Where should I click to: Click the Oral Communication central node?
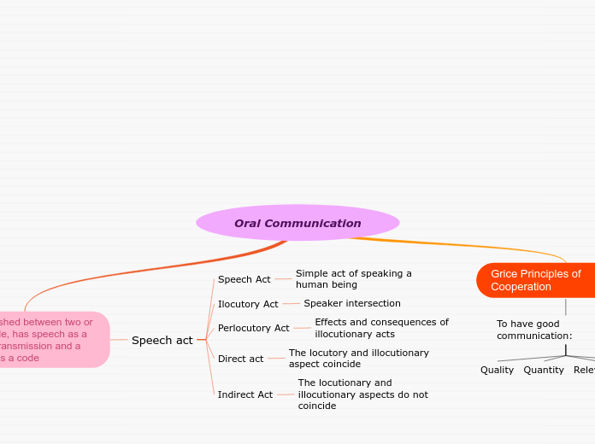(x=297, y=223)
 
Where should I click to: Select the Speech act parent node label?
(x=162, y=340)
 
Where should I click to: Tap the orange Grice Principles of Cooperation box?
(x=536, y=280)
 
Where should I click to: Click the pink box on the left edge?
(x=51, y=340)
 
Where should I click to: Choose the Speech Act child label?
(x=244, y=279)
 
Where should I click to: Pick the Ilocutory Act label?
(x=248, y=304)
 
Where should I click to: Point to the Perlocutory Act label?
(x=253, y=328)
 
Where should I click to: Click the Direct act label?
(x=240, y=359)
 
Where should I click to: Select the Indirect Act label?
(x=244, y=394)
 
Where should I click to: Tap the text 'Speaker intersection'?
(x=351, y=303)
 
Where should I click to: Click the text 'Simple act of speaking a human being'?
(x=353, y=279)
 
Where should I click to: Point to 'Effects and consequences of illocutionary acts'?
(x=381, y=328)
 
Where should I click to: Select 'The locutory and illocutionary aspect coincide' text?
(x=358, y=359)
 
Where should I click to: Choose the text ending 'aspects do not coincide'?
(x=362, y=394)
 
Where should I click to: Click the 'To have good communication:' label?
(x=534, y=330)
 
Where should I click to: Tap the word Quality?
(x=497, y=370)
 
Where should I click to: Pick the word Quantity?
(x=544, y=370)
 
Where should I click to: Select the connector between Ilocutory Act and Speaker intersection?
(x=291, y=303)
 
